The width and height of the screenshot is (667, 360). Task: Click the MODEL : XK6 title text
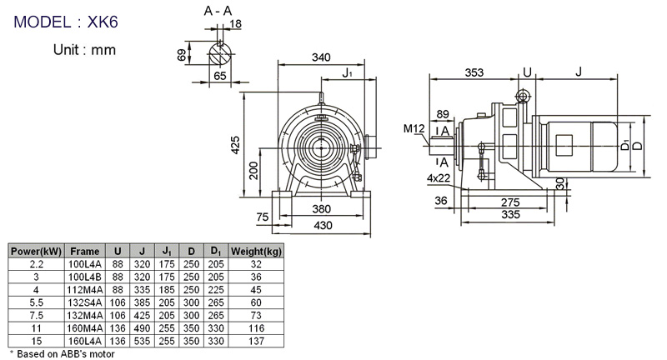click(66, 22)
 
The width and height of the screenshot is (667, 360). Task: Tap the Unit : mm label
click(84, 50)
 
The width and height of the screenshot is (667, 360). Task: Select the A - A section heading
click(218, 11)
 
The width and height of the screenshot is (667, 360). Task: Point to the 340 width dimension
click(321, 57)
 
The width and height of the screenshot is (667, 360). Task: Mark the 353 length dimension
click(474, 72)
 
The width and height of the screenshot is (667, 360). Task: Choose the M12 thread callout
click(414, 128)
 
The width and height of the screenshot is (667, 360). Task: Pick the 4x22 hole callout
click(439, 178)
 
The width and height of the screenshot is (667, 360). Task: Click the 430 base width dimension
click(323, 225)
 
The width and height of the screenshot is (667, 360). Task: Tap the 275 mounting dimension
click(510, 202)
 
